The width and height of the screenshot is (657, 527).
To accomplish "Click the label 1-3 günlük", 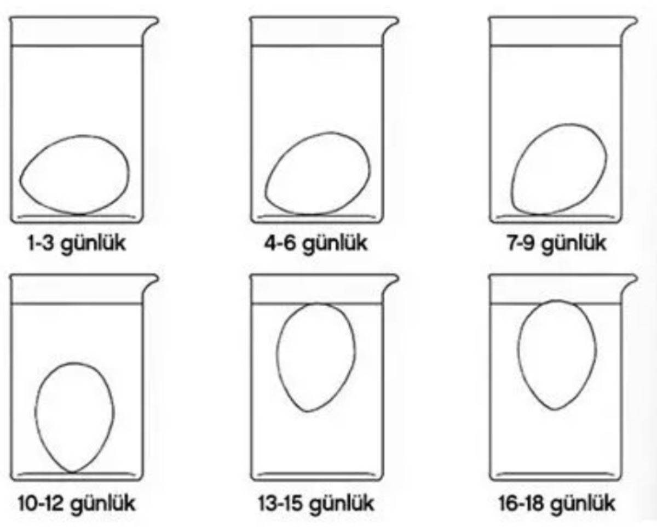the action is pyautogui.click(x=77, y=244).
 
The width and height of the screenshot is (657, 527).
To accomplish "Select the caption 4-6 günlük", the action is pyautogui.click(x=316, y=244).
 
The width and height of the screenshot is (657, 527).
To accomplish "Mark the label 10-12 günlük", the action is pyautogui.click(x=77, y=503).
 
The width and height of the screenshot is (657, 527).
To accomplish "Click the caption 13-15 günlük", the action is pyautogui.click(x=316, y=503).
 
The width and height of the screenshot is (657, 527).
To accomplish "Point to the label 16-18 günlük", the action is pyautogui.click(x=557, y=503).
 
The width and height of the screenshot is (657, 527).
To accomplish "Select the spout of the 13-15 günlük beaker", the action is pyautogui.click(x=391, y=281).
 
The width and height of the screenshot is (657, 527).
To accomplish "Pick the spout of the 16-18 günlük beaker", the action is pyautogui.click(x=630, y=281).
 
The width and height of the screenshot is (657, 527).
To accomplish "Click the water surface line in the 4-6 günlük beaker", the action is pyautogui.click(x=316, y=46).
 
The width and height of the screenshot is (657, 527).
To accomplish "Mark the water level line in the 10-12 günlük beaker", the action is pyautogui.click(x=76, y=303).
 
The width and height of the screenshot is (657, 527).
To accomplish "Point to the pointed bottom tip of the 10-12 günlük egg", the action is pyautogui.click(x=72, y=473).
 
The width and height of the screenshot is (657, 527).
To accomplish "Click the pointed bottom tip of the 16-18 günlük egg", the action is pyautogui.click(x=555, y=410).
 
